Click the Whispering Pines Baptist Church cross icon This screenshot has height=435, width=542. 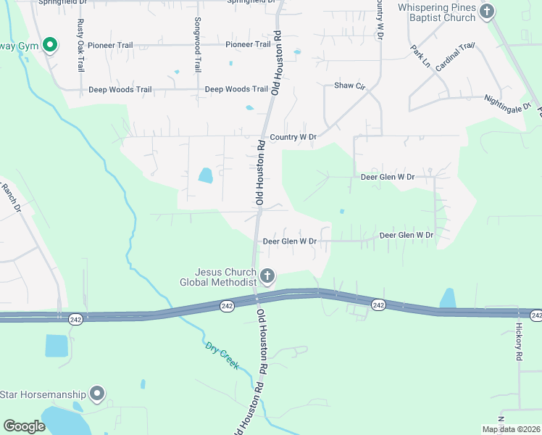point(487,11)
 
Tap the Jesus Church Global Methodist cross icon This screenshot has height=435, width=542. point(267,275)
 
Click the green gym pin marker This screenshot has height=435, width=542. point(49,46)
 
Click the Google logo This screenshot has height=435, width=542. point(25,426)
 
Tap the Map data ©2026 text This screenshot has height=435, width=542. point(511,429)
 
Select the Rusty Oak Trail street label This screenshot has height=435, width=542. point(80,45)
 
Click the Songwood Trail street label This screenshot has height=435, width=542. point(197,45)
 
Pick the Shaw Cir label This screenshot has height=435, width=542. point(349,86)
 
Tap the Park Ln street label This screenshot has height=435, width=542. point(420,57)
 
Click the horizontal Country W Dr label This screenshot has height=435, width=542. point(293,137)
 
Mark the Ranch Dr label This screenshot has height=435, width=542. point(10,198)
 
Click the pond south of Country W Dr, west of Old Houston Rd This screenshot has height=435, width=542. point(206,175)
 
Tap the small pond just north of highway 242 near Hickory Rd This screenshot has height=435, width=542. point(448,298)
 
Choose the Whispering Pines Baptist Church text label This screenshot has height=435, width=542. point(437,12)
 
